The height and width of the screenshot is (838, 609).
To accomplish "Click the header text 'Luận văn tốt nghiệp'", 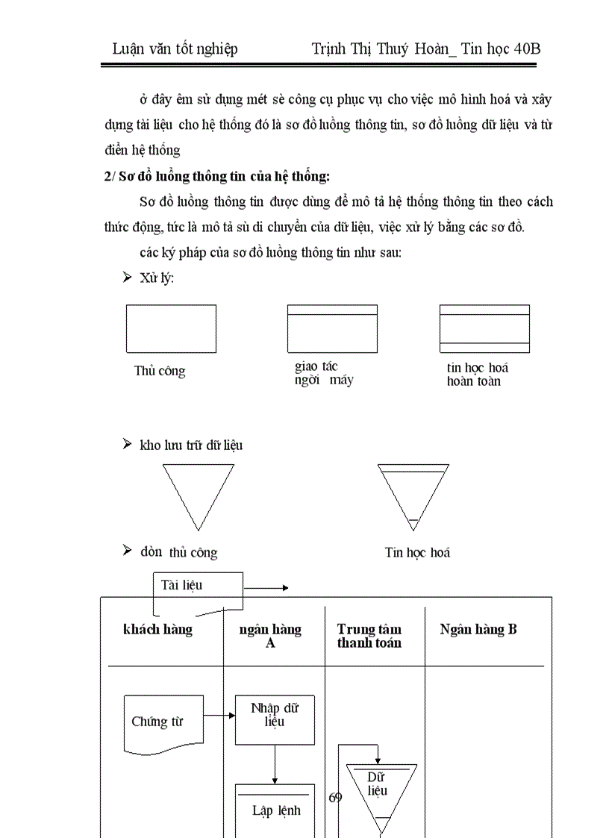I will (175, 49).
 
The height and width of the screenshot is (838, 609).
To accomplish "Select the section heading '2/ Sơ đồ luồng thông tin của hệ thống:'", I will (216, 177).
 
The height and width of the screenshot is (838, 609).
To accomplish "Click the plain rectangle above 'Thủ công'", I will (171, 328).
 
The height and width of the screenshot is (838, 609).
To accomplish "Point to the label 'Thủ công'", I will (160, 371).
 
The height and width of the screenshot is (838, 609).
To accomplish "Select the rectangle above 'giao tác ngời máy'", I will (332, 328).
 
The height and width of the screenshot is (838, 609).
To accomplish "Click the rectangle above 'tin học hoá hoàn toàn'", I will (484, 328).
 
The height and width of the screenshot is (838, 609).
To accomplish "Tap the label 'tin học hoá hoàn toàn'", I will (478, 375).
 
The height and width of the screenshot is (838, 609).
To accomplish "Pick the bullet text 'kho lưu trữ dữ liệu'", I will (191, 445).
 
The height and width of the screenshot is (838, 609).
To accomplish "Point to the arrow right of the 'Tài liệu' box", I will (266, 588).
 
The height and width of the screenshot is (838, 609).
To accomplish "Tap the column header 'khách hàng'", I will (157, 630).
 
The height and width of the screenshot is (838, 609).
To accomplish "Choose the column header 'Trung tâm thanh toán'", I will (369, 636).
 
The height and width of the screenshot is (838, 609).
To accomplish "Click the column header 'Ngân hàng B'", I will (478, 630).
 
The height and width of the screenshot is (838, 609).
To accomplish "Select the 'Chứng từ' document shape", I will (163, 722).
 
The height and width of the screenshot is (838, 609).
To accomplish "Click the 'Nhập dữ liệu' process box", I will (275, 719).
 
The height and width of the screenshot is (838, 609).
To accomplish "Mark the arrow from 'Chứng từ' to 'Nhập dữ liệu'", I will (219, 716).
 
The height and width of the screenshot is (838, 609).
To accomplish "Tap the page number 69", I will (335, 798).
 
